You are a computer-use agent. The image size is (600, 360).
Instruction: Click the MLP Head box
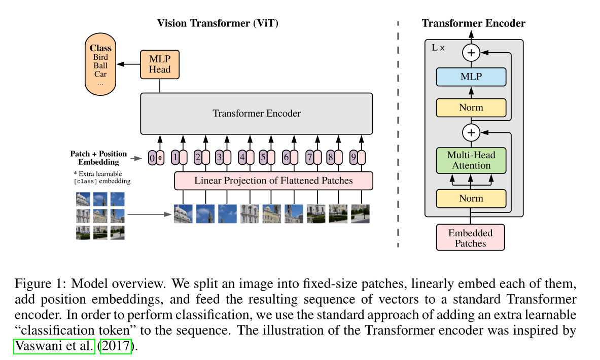point(160,64)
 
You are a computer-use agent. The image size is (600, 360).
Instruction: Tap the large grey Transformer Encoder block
point(257,113)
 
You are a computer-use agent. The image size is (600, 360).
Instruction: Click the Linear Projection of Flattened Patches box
point(273,181)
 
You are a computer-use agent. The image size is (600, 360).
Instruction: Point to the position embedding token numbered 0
point(152,158)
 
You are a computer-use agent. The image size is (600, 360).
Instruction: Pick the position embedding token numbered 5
point(263,158)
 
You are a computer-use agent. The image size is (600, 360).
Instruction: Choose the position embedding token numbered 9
point(354,158)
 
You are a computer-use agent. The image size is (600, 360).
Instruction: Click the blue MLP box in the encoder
point(471,77)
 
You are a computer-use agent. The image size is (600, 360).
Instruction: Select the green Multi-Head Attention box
point(471,160)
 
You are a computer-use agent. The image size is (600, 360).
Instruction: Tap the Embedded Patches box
point(470,238)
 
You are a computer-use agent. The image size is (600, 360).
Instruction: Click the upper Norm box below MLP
point(471,107)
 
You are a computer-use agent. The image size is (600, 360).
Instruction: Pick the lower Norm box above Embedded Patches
point(471,198)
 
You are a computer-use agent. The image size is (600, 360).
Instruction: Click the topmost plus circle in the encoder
point(471,52)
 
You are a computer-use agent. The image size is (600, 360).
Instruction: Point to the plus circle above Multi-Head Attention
point(471,133)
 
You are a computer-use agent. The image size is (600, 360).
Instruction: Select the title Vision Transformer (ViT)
point(218,23)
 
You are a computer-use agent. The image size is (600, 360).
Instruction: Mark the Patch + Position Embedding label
point(98,158)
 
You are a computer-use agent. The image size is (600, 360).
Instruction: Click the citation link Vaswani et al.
point(55,347)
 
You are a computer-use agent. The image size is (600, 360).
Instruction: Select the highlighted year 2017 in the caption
point(116,347)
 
